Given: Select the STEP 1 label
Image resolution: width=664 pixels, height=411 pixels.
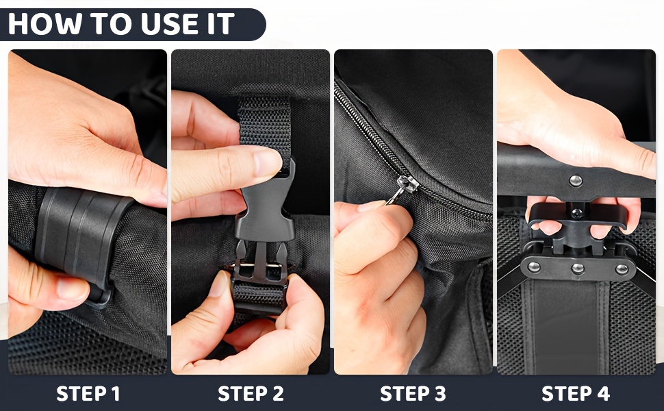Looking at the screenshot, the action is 88,394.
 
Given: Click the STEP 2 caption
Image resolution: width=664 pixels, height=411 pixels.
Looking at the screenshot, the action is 251,394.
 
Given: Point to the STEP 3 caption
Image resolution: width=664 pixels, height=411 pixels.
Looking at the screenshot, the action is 413,394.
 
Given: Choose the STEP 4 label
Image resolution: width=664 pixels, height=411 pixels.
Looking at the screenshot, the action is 576,394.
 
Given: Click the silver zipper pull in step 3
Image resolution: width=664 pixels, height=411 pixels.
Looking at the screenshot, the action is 403,189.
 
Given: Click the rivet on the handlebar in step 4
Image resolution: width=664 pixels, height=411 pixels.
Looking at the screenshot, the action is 576,181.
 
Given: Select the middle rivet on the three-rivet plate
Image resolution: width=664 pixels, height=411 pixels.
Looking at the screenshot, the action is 578,269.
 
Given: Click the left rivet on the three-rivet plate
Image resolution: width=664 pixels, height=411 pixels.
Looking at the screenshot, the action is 534,267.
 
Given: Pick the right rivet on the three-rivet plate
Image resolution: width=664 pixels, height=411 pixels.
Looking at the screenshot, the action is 622,269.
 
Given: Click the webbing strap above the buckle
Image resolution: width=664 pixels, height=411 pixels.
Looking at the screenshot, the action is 265,127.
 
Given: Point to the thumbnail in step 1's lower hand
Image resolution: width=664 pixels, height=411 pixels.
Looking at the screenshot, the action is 73,288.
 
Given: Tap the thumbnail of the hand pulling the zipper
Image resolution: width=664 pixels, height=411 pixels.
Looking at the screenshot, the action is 372,206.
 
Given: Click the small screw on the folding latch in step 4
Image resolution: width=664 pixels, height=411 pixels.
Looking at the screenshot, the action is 576,213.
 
